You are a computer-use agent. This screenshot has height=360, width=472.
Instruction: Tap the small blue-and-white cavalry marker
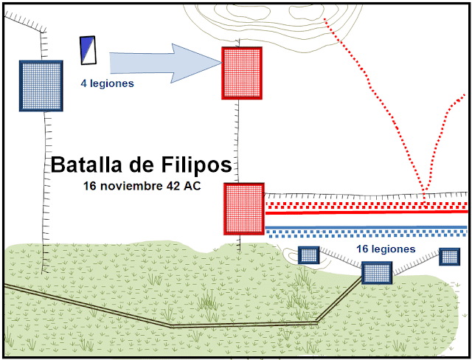coord(87,49)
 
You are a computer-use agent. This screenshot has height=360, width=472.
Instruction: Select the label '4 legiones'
coord(107,84)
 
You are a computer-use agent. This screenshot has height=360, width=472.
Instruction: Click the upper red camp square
coord(242,72)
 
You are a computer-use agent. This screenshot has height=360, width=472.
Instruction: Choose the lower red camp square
coord(243,209)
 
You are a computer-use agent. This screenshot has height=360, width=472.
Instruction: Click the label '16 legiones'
coord(385,249)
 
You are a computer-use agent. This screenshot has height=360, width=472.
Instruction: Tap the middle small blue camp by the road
coord(376,273)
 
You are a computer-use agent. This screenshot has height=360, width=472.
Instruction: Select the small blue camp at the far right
coord(449,256)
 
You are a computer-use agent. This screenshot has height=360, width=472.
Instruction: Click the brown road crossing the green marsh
coord(170,323)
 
